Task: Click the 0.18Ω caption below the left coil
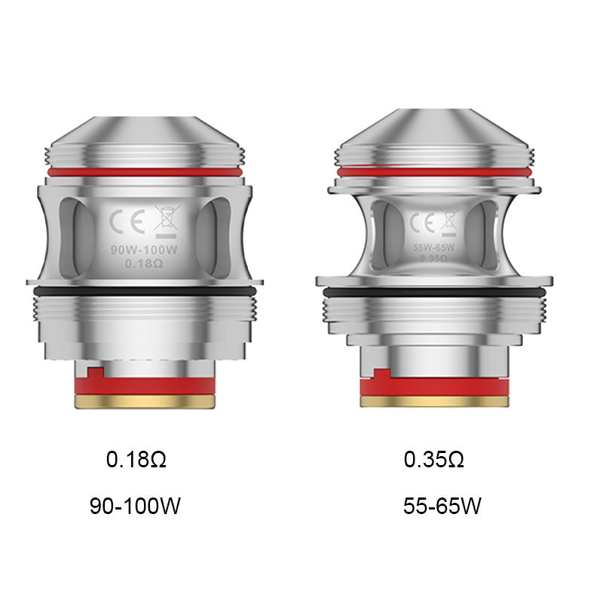[136, 459]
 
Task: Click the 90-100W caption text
[136, 506]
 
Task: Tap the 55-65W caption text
[442, 506]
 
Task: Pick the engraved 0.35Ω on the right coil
[434, 258]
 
